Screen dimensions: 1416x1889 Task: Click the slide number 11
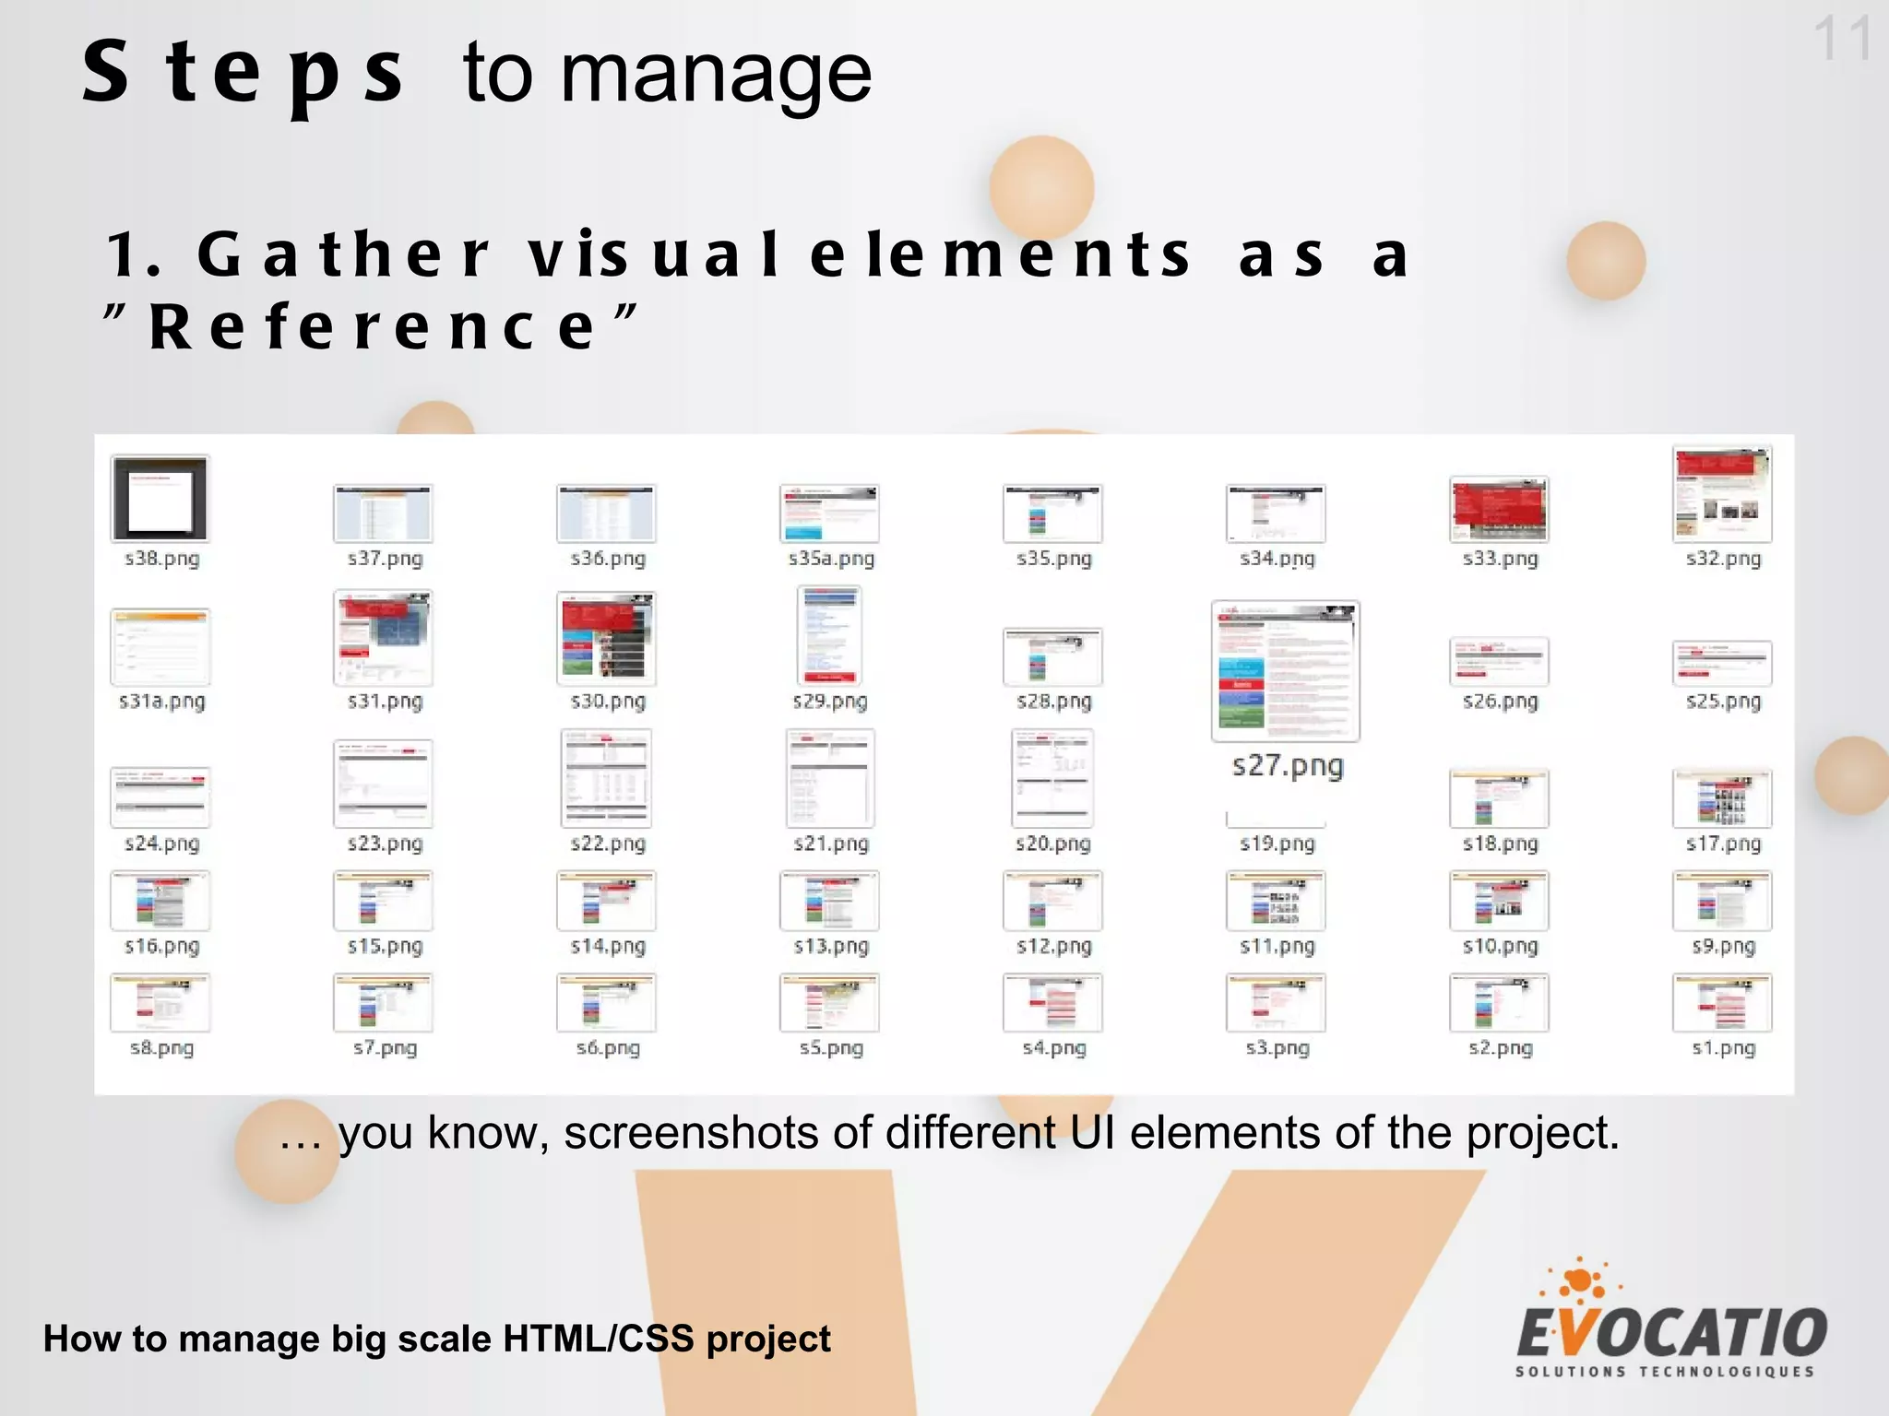point(1842,40)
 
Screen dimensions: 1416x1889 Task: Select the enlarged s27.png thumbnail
point(1285,670)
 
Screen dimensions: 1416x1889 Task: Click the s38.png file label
point(161,559)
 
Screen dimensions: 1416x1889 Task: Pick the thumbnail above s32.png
point(1722,494)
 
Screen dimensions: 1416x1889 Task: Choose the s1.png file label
point(1723,1048)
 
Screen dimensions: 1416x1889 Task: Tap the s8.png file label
point(161,1048)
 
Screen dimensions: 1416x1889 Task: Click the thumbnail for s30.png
point(606,638)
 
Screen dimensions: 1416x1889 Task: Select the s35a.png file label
point(831,559)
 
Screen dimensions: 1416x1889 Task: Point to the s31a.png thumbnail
point(160,646)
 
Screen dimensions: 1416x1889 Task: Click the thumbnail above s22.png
point(606,778)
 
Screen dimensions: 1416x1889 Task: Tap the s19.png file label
point(1277,844)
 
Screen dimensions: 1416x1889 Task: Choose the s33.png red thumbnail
point(1499,509)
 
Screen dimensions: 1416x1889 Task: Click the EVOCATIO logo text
point(1671,1333)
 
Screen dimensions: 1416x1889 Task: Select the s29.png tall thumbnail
point(829,634)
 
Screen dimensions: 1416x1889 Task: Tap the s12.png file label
point(1053,947)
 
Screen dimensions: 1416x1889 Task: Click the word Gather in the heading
point(343,254)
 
